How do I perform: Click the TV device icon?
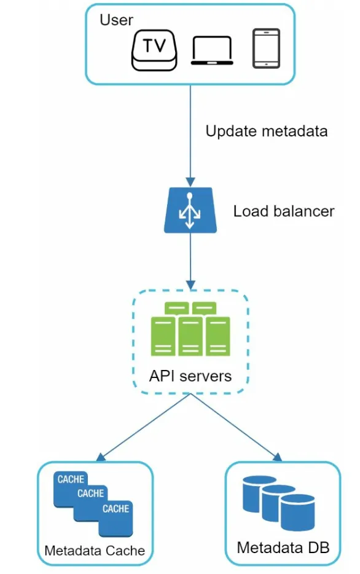pos(154,50)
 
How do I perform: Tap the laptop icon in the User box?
pos(212,50)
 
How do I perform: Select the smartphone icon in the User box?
pos(267,49)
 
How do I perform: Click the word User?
pos(116,20)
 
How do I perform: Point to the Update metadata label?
pos(267,131)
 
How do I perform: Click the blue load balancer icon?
pos(190,210)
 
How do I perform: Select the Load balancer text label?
pos(284,211)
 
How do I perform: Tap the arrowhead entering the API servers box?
pos(190,285)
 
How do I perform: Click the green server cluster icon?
pos(190,329)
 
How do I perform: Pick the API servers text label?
pos(190,376)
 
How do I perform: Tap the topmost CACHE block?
pos(70,479)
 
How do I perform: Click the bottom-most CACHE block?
pos(115,518)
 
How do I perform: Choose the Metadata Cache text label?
pos(95,551)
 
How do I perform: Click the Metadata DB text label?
pos(283,548)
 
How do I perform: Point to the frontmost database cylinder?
pos(298,512)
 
